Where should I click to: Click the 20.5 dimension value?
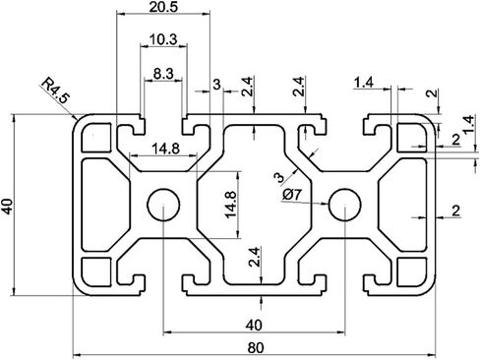[163, 6]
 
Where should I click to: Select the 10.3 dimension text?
[163, 39]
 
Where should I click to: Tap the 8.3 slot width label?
[163, 74]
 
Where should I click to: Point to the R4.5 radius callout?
[55, 90]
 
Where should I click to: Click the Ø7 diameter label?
[291, 195]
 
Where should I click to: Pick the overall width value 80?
[256, 348]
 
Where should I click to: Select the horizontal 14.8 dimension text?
[166, 150]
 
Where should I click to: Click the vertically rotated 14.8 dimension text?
[230, 205]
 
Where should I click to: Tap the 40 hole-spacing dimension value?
[254, 326]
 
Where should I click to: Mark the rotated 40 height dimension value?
[8, 206]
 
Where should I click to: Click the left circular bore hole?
[163, 205]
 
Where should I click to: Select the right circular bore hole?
[345, 205]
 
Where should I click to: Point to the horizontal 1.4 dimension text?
[364, 83]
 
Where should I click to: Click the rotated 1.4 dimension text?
[469, 124]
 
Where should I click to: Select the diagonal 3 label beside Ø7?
[279, 178]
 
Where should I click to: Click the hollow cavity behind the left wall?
[105, 205]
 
